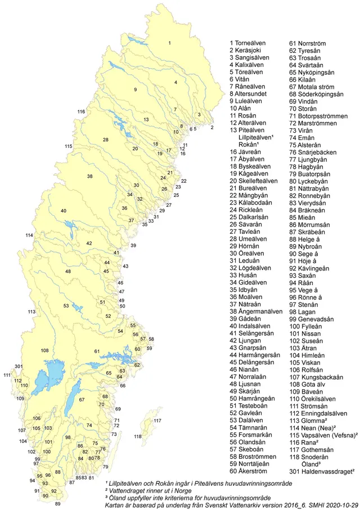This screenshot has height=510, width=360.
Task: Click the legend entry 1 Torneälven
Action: click(250, 43)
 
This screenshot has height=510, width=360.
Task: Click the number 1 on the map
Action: click(169, 43)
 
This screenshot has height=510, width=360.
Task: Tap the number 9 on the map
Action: click(135, 90)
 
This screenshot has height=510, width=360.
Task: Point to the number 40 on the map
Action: click(64, 211)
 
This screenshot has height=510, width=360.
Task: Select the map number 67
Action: click(82, 399)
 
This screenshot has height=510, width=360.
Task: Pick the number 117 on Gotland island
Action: click(157, 421)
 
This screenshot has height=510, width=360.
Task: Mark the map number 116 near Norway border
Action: click(81, 111)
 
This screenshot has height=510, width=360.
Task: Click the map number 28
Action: click(105, 139)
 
